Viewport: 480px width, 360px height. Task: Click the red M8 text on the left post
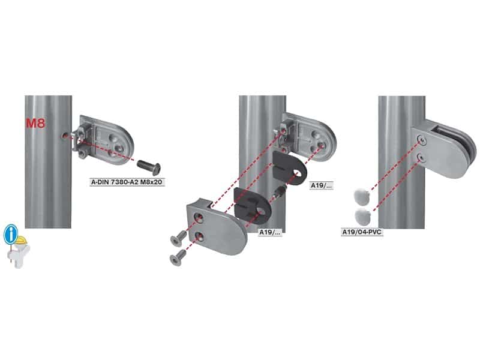point(35,123)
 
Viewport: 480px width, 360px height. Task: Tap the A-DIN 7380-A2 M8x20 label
point(127,182)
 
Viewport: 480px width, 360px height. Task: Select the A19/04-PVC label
point(362,232)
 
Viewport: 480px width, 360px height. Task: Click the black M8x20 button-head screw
point(149,167)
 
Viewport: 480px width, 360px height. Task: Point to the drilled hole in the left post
point(64,136)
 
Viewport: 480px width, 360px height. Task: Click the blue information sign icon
point(11,234)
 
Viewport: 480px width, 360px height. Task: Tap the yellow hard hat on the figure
point(21,241)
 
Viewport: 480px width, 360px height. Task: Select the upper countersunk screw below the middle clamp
point(178,238)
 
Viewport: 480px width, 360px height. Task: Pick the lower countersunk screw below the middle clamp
point(178,257)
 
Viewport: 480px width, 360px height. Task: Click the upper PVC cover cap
point(361,196)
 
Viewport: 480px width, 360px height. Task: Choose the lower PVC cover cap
point(362,215)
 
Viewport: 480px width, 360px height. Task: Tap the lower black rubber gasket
point(252,206)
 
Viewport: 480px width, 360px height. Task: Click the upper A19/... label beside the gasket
point(321,185)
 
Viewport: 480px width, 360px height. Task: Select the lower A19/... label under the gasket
point(269,232)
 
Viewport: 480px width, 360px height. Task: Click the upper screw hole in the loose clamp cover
point(199,218)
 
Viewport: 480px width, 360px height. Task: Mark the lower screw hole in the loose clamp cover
point(199,236)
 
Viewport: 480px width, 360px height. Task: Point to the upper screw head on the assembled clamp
point(422,140)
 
